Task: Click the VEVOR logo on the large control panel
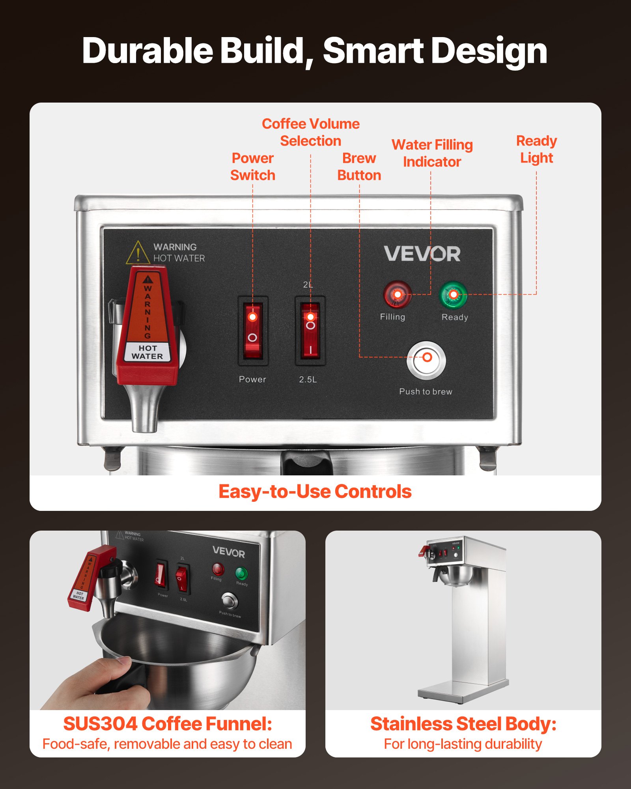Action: click(x=422, y=254)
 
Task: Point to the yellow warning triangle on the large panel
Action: click(x=138, y=253)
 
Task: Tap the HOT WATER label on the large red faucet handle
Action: click(x=147, y=352)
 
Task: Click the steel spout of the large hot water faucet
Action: click(x=145, y=410)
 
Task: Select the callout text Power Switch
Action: click(x=253, y=166)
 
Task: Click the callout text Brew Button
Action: click(x=359, y=166)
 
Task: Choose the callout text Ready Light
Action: click(x=536, y=149)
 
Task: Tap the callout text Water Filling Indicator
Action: click(x=432, y=153)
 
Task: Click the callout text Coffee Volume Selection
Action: click(x=311, y=132)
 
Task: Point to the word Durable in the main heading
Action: click(x=147, y=51)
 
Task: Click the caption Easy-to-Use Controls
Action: click(x=315, y=492)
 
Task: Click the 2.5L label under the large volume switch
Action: click(x=308, y=380)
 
